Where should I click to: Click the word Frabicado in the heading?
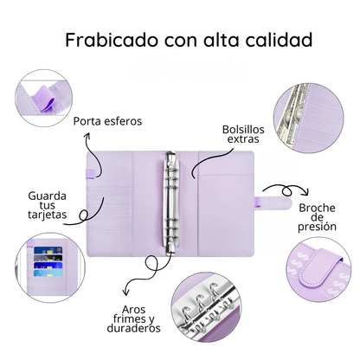pyautogui.click(x=112, y=40)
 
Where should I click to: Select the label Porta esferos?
pyautogui.click(x=107, y=121)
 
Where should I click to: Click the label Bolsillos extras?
pyautogui.click(x=243, y=134)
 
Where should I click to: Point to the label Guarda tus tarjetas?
pyautogui.click(x=48, y=205)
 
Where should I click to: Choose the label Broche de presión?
pyautogui.click(x=317, y=217)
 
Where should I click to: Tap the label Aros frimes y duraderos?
pyautogui.click(x=134, y=319)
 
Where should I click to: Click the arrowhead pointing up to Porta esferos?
pyautogui.click(x=87, y=136)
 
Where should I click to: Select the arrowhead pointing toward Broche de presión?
pyautogui.click(x=305, y=191)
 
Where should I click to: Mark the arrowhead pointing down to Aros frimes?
pyautogui.click(x=125, y=292)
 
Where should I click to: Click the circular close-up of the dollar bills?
pyautogui.click(x=309, y=119)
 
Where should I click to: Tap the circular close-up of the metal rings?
pyautogui.click(x=206, y=307)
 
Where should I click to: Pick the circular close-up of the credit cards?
pyautogui.click(x=50, y=267)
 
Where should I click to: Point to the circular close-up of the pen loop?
pyautogui.click(x=43, y=98)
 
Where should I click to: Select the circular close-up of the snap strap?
pyautogui.click(x=318, y=270)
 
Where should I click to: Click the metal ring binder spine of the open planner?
pyautogui.click(x=170, y=203)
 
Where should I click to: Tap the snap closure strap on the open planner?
pyautogui.click(x=273, y=202)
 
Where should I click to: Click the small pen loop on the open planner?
pyautogui.click(x=90, y=173)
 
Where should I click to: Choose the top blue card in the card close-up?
pyautogui.click(x=48, y=250)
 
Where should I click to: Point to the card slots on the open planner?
pyautogui.click(x=110, y=208)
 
